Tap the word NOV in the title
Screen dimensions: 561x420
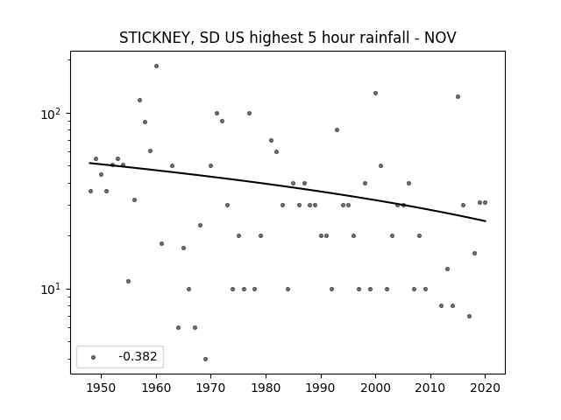[440, 38]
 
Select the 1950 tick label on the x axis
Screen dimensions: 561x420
[102, 388]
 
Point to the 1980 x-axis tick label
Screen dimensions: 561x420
[266, 388]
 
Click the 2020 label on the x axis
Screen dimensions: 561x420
[485, 388]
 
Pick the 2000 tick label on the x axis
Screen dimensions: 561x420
[375, 388]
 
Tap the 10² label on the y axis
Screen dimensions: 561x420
[50, 115]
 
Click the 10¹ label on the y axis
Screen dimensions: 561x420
[50, 290]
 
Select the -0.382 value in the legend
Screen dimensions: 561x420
[138, 356]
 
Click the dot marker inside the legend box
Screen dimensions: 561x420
[94, 357]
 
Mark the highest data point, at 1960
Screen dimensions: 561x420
[156, 66]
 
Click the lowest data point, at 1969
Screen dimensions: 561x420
[205, 360]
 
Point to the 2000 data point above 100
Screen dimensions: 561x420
[376, 94]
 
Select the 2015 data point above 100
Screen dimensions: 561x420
[458, 97]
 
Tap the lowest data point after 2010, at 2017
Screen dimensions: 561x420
[470, 317]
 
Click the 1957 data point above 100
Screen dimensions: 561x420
[140, 101]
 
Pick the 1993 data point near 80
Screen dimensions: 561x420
[337, 130]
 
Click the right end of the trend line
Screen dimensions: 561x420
[486, 221]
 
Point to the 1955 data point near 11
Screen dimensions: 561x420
[129, 282]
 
